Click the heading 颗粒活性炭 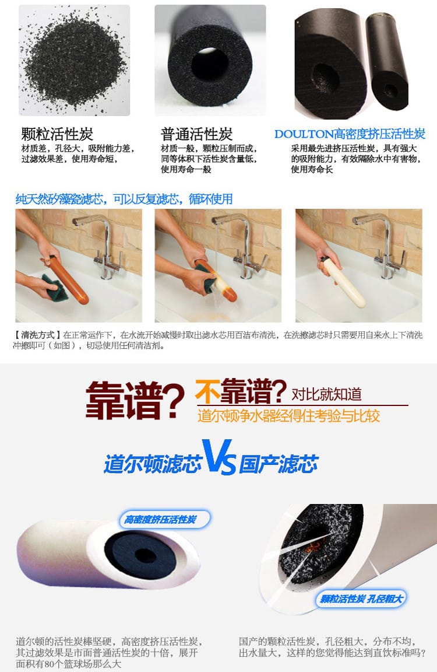[57, 134]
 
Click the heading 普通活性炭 [196, 134]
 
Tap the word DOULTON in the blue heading [304, 134]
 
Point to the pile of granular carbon [74, 62]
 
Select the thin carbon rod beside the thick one [386, 60]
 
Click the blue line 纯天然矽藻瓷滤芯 [60, 199]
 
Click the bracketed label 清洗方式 [38, 335]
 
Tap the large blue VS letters [219, 457]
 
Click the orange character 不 [207, 392]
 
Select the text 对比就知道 [326, 394]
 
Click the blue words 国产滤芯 [279, 464]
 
